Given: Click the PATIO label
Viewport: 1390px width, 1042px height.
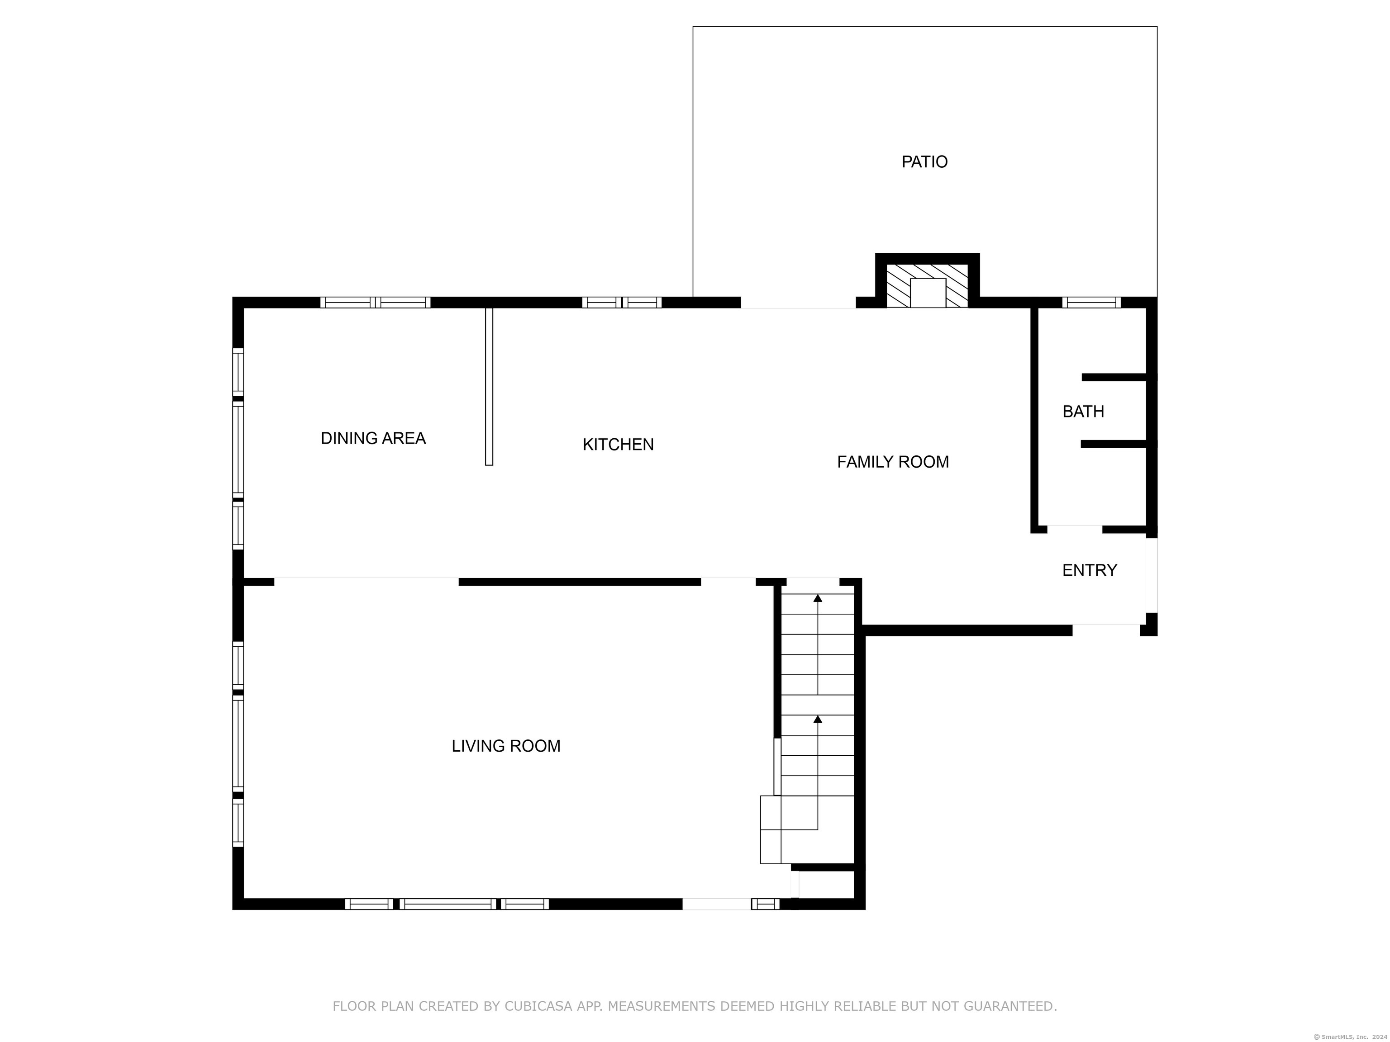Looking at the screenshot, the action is point(924,162).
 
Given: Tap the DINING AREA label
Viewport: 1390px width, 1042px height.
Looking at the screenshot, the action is point(373,438).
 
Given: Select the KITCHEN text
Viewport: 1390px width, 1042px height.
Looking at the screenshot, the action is point(619,445).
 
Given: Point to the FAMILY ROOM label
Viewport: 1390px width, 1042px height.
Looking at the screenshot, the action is point(893,462).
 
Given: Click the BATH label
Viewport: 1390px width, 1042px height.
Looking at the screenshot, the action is point(1083,412).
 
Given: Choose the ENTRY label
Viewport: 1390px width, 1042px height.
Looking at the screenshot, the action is point(1090,570).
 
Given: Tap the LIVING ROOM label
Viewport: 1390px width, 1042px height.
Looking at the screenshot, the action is point(506,746).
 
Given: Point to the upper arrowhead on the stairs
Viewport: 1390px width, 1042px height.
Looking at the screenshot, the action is point(818,598).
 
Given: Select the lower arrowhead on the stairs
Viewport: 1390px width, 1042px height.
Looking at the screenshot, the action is point(818,719).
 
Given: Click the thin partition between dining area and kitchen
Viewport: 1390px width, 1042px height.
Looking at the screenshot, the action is point(489,386).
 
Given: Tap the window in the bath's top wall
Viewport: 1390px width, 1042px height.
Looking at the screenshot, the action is point(1091,302).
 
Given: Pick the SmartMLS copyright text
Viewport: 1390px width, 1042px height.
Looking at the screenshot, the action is point(1351,1037).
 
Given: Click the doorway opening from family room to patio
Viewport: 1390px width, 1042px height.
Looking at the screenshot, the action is point(798,303).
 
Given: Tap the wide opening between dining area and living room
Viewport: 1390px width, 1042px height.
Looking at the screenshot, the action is point(367,582).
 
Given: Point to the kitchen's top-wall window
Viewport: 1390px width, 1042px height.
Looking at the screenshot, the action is point(622,302).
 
